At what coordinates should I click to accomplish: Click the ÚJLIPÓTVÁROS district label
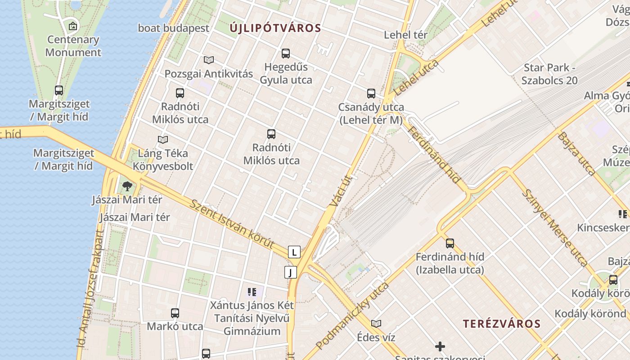(x=275, y=28)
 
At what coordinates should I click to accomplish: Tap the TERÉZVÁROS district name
(x=502, y=324)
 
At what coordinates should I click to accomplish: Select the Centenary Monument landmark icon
(x=73, y=26)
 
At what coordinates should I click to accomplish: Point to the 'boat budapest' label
(x=173, y=28)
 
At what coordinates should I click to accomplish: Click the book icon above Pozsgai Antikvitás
(x=208, y=60)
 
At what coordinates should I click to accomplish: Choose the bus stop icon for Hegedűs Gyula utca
(x=285, y=54)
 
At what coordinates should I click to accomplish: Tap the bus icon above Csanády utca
(x=371, y=94)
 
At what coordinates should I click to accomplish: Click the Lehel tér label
(x=405, y=35)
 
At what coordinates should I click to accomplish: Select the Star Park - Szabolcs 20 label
(x=549, y=74)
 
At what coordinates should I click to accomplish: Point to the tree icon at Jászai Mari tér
(x=127, y=186)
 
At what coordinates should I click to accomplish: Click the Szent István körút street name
(x=232, y=224)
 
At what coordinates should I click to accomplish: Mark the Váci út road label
(x=341, y=191)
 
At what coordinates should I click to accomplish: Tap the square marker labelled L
(x=294, y=252)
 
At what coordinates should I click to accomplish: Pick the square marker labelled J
(x=291, y=272)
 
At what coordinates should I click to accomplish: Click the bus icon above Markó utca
(x=175, y=313)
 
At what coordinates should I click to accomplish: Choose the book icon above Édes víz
(x=376, y=324)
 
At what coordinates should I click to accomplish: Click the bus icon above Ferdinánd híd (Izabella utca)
(x=450, y=243)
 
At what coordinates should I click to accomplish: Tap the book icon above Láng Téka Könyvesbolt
(x=163, y=140)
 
